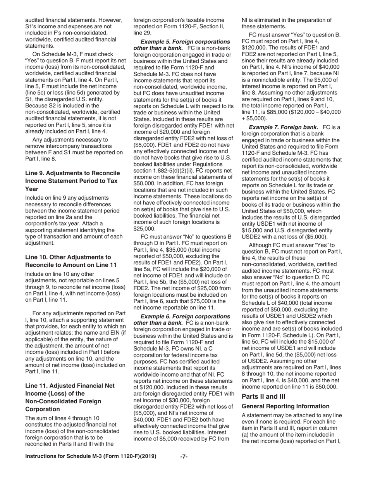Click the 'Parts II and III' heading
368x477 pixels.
coord(263,396)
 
